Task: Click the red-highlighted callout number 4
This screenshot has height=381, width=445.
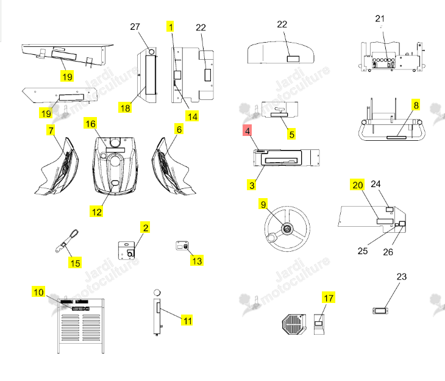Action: pos(247,130)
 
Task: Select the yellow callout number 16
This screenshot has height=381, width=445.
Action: pos(90,124)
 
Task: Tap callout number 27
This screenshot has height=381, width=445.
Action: pos(135,27)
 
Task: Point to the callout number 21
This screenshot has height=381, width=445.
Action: pos(380,19)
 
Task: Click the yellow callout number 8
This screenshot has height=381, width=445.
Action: pos(416,105)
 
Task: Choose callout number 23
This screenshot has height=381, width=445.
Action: pos(402,277)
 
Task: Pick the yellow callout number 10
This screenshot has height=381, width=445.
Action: pos(38,292)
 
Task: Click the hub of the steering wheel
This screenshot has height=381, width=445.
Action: pos(287,229)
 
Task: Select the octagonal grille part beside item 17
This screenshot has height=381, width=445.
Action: pos(294,324)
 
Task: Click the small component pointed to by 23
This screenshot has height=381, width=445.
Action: pos(380,311)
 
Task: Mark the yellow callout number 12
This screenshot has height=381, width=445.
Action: pos(96,212)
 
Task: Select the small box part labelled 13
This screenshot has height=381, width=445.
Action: pos(182,246)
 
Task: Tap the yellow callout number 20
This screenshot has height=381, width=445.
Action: pos(357,185)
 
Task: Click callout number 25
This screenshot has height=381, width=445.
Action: pos(363,251)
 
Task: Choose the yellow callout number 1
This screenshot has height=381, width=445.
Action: pos(170,27)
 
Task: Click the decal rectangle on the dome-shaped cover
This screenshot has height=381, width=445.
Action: pos(293,59)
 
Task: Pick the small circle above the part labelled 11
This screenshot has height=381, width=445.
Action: pos(157,293)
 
